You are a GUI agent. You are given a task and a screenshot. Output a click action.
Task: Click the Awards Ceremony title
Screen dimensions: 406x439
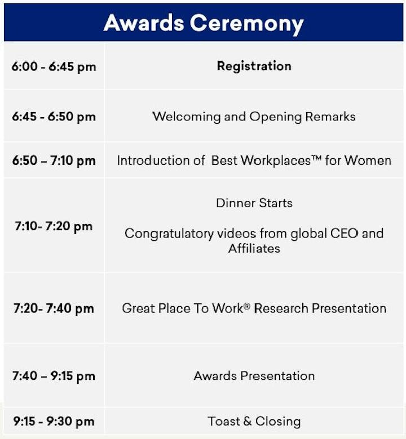tap(204, 24)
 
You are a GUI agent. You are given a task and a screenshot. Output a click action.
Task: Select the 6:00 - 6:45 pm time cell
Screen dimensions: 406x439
tap(54, 66)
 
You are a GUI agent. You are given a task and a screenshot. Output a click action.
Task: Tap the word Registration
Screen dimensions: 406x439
tap(254, 66)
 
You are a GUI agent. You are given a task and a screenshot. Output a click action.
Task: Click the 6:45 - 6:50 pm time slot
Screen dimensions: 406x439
tap(54, 117)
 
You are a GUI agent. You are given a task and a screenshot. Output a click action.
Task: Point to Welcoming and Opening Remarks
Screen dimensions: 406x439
tap(254, 117)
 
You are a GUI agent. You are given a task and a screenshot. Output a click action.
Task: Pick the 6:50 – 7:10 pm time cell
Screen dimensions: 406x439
tap(54, 161)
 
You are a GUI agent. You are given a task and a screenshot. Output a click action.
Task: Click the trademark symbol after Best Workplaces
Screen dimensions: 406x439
tap(316, 158)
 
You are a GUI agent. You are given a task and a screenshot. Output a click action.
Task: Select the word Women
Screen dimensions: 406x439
tap(368, 161)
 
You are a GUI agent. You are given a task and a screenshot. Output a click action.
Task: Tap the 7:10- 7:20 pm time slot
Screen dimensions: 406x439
tap(54, 226)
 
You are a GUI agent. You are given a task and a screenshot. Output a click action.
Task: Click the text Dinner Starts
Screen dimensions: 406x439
tap(254, 203)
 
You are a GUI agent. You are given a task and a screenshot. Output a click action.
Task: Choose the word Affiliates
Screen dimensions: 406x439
tap(254, 249)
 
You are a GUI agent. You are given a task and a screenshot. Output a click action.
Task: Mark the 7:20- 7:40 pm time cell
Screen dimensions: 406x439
tap(54, 308)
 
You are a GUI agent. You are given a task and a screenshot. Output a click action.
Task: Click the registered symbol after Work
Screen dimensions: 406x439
tap(246, 306)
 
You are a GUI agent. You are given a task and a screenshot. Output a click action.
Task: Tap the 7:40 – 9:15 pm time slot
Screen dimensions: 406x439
tap(54, 376)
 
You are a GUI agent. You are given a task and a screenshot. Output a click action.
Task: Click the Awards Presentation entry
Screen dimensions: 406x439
tap(254, 376)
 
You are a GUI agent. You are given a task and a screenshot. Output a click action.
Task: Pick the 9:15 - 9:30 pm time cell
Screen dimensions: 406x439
tap(54, 422)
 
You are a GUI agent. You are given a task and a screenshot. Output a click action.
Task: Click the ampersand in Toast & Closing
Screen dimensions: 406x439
tap(248, 422)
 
